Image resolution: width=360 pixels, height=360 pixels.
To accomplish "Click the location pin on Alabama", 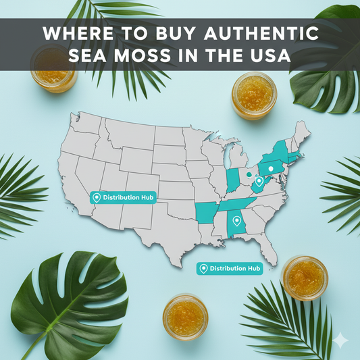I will pyautogui.click(x=236, y=220).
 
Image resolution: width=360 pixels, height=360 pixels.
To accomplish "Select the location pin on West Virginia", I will pyautogui.click(x=259, y=181).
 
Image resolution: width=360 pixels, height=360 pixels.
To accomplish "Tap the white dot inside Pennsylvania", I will pyautogui.click(x=270, y=168).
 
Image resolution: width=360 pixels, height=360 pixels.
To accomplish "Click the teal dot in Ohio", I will pyautogui.click(x=248, y=172).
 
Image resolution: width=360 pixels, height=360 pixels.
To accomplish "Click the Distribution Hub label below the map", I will pyautogui.click(x=230, y=269).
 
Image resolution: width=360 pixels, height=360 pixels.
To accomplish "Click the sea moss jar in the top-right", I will pyautogui.click(x=254, y=95).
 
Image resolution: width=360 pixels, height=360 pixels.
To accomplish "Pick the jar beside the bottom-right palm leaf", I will pyautogui.click(x=304, y=277).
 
